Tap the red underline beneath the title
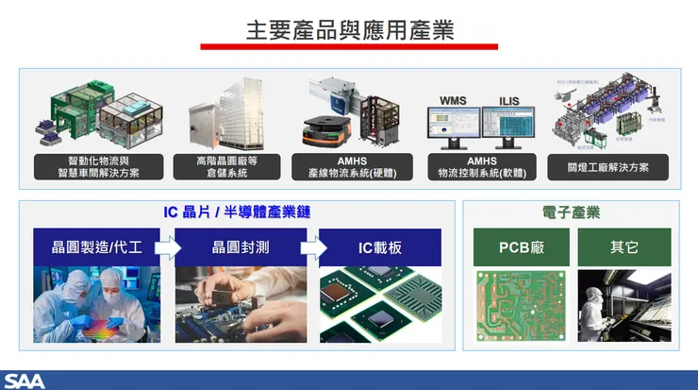coord(349,46)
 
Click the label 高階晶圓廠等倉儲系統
coord(226,167)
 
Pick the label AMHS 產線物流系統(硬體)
coord(352,167)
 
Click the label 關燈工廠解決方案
coord(607,167)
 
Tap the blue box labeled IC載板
coord(380,247)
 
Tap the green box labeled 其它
coord(623,247)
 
